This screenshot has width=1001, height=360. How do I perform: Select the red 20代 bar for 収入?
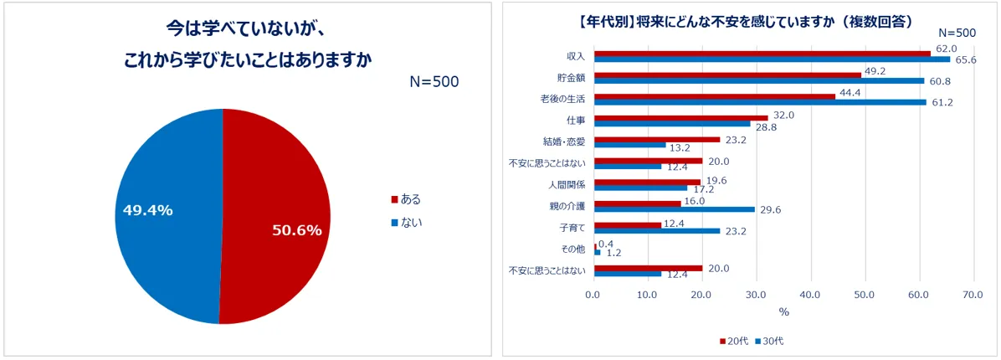(762, 53)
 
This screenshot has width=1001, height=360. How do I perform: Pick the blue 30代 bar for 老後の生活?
(759, 102)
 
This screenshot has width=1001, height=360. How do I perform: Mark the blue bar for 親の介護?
(674, 209)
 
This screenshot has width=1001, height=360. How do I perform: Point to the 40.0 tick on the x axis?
(809, 295)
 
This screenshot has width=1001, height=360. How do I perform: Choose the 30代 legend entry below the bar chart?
(770, 342)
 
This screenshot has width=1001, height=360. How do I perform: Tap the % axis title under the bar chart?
(783, 312)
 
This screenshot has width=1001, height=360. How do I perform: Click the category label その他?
(572, 249)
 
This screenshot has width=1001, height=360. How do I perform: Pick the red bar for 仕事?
(680, 118)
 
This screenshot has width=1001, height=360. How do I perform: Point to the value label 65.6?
(965, 60)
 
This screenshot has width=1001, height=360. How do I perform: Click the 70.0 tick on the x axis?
(973, 295)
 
